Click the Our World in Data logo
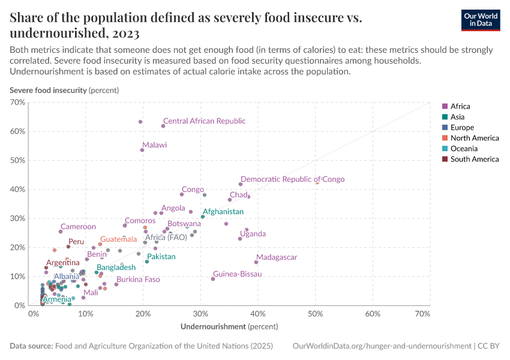[481, 20]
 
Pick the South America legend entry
[474, 159]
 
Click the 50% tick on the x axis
[316, 314]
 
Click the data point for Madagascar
[256, 262]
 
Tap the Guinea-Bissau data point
[213, 278]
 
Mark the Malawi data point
[142, 150]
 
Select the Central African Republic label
[204, 121]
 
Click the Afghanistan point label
[223, 212]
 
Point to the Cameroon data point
[61, 232]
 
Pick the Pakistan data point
[147, 262]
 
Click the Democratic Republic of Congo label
[292, 179]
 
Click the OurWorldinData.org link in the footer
[382, 346]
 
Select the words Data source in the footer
[31, 346]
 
